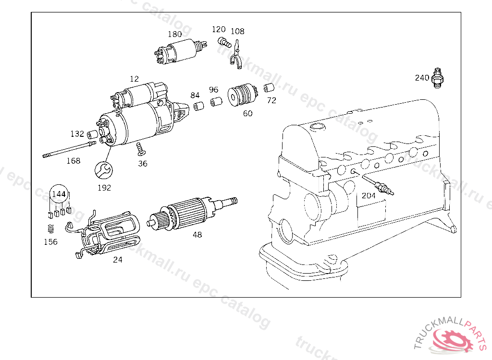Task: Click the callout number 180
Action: pyautogui.click(x=175, y=34)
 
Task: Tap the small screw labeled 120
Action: pyautogui.click(x=224, y=42)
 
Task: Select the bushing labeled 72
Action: pyautogui.click(x=269, y=88)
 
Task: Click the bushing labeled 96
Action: pyautogui.click(x=216, y=102)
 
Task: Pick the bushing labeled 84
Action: pyautogui.click(x=198, y=106)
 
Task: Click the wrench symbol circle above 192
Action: pyautogui.click(x=104, y=170)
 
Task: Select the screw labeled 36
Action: pyautogui.click(x=141, y=149)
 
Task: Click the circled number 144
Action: pyautogui.click(x=59, y=194)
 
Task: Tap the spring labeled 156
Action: pyautogui.click(x=51, y=229)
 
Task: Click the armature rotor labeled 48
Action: pyautogui.click(x=192, y=213)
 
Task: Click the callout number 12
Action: pyautogui.click(x=135, y=79)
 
